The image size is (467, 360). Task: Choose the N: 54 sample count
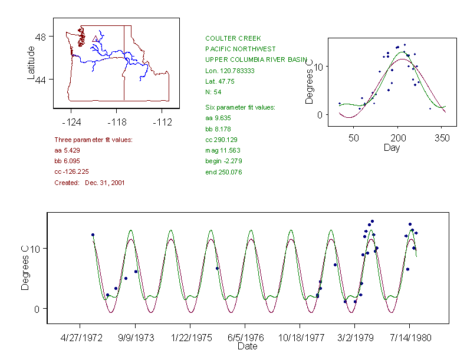[213, 92]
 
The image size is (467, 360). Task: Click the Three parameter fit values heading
[93, 140]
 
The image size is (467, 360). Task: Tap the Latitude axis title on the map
[31, 63]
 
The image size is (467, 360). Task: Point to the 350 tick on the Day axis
[442, 138]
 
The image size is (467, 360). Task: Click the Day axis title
[392, 147]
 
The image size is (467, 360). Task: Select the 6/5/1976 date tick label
[245, 338]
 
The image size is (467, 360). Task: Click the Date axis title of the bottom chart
[247, 346]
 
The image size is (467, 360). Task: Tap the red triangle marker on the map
[95, 39]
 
